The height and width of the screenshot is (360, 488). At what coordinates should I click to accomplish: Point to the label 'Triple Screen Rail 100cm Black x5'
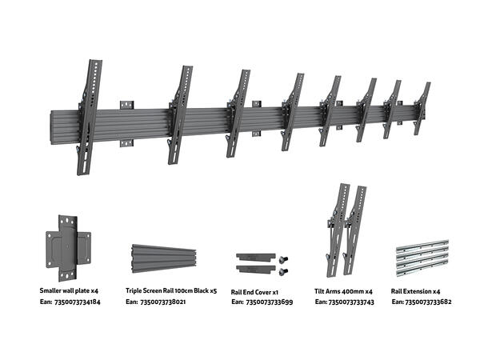coord(171,290)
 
